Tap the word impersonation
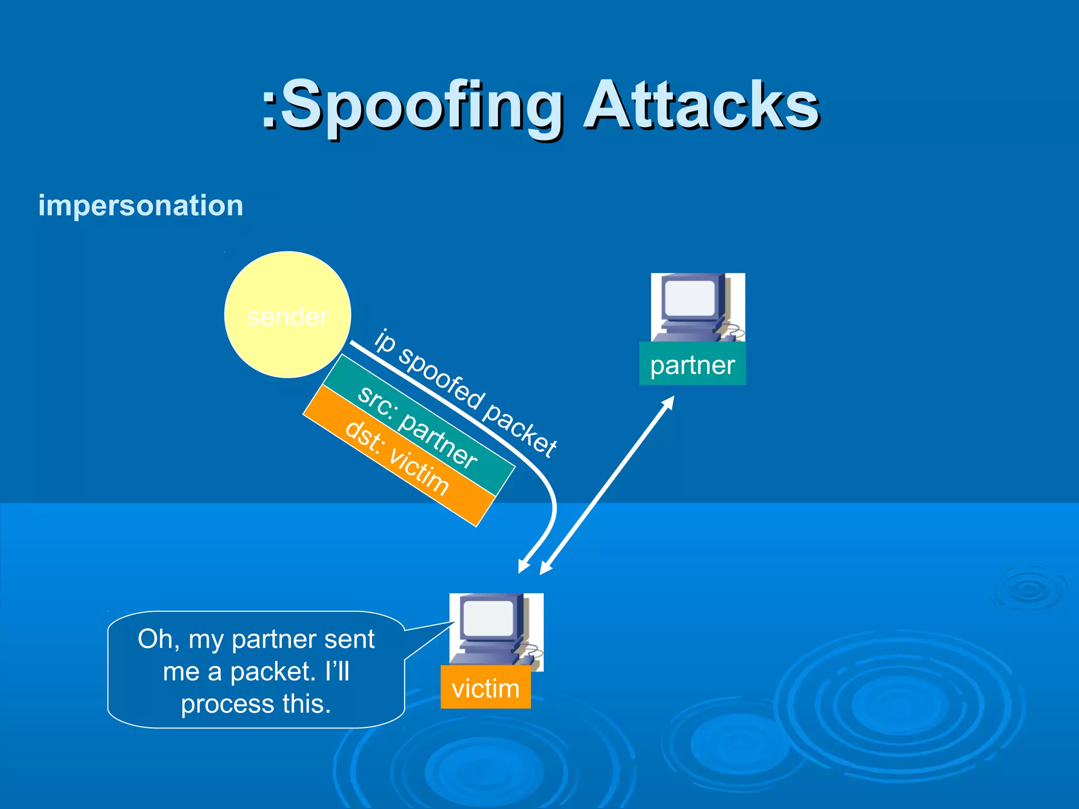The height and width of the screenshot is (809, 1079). point(141,205)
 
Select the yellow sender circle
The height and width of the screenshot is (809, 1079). point(288,314)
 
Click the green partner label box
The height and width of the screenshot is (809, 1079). point(692,364)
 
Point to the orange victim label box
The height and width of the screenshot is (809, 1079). point(485,688)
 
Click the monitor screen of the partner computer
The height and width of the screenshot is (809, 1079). point(690,298)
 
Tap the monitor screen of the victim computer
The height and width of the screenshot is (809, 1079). point(488,618)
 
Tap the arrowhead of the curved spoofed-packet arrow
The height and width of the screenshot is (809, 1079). point(523,567)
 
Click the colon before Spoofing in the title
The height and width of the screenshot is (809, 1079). point(269,108)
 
